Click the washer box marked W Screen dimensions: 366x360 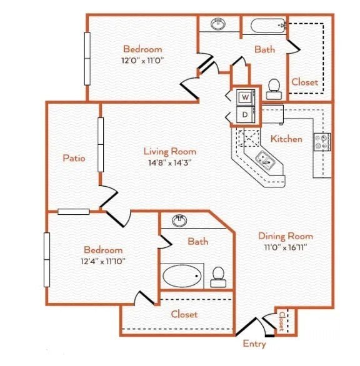(245, 97)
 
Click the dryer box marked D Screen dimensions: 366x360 (245, 115)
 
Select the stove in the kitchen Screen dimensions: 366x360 (322, 142)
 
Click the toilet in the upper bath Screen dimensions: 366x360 (273, 89)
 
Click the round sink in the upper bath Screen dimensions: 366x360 (218, 24)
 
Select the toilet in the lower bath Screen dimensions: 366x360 (218, 276)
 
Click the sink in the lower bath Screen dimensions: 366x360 (180, 220)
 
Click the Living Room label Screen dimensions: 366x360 (169, 151)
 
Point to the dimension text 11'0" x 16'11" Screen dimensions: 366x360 (286, 247)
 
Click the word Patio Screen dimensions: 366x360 (74, 158)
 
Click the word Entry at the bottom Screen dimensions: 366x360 (254, 344)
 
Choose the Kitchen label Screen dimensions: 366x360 (286, 139)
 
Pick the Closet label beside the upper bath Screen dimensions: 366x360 (304, 82)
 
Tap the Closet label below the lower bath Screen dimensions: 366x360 (184, 314)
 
